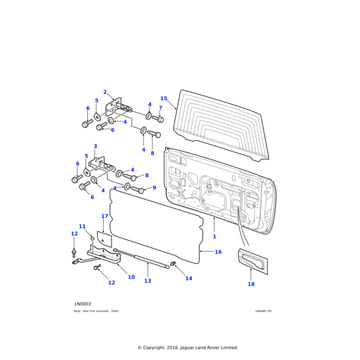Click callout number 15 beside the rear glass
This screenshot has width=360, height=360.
[x=164, y=98]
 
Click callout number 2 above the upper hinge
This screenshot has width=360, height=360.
[x=104, y=92]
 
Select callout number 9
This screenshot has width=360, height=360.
[x=154, y=188]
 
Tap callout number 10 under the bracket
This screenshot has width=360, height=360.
[x=131, y=277]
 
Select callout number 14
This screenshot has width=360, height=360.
[x=188, y=278]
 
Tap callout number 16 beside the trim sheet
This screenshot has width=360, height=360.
[x=218, y=252]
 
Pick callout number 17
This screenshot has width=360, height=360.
[x=104, y=216]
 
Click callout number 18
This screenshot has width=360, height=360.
[x=251, y=284]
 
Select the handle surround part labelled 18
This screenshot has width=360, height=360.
[x=253, y=262]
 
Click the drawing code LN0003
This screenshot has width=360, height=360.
[x=83, y=304]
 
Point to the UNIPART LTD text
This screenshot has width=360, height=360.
[x=263, y=311]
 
